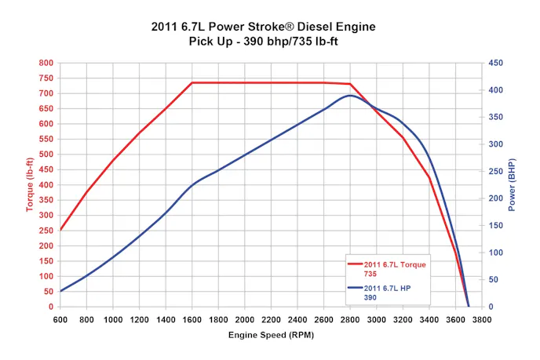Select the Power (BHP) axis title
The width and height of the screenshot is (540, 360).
[513, 185]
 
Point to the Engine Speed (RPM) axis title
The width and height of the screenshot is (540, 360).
[269, 335]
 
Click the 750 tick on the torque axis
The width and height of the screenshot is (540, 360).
[46, 78]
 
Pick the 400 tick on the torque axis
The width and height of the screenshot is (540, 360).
[46, 184]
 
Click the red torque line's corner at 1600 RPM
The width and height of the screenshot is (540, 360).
[192, 82]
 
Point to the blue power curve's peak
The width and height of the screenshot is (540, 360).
[350, 96]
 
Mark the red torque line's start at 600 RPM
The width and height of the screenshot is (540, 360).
[60, 230]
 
